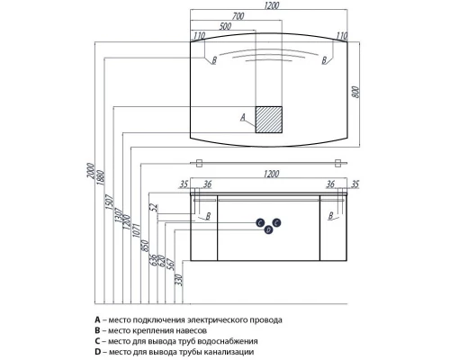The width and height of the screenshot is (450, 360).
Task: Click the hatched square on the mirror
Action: tap(268, 120)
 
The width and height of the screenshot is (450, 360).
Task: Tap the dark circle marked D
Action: tap(268, 230)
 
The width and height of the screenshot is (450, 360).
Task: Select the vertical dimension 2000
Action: tap(90, 171)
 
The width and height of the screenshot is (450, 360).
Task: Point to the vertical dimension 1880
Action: tap(100, 177)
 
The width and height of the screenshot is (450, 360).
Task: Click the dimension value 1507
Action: tap(109, 202)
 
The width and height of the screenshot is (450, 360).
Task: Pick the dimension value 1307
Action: tap(119, 215)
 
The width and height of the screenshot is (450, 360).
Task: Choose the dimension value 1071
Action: tap(136, 230)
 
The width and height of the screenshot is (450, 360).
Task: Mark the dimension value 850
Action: tap(145, 246)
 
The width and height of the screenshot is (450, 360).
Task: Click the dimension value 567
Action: tap(171, 265)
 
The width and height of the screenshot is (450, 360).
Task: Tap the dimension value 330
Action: tap(179, 280)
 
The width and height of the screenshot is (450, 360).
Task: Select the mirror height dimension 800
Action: tap(355, 93)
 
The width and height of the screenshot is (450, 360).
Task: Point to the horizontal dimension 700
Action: tap(238, 16)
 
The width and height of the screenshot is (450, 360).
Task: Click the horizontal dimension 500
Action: tap(225, 26)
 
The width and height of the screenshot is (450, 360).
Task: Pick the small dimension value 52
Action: tap(154, 208)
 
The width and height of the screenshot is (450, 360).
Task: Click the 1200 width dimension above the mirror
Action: tap(272, 5)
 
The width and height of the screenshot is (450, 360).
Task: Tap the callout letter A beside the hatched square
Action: tap(243, 117)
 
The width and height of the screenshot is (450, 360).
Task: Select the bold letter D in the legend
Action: tap(97, 352)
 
